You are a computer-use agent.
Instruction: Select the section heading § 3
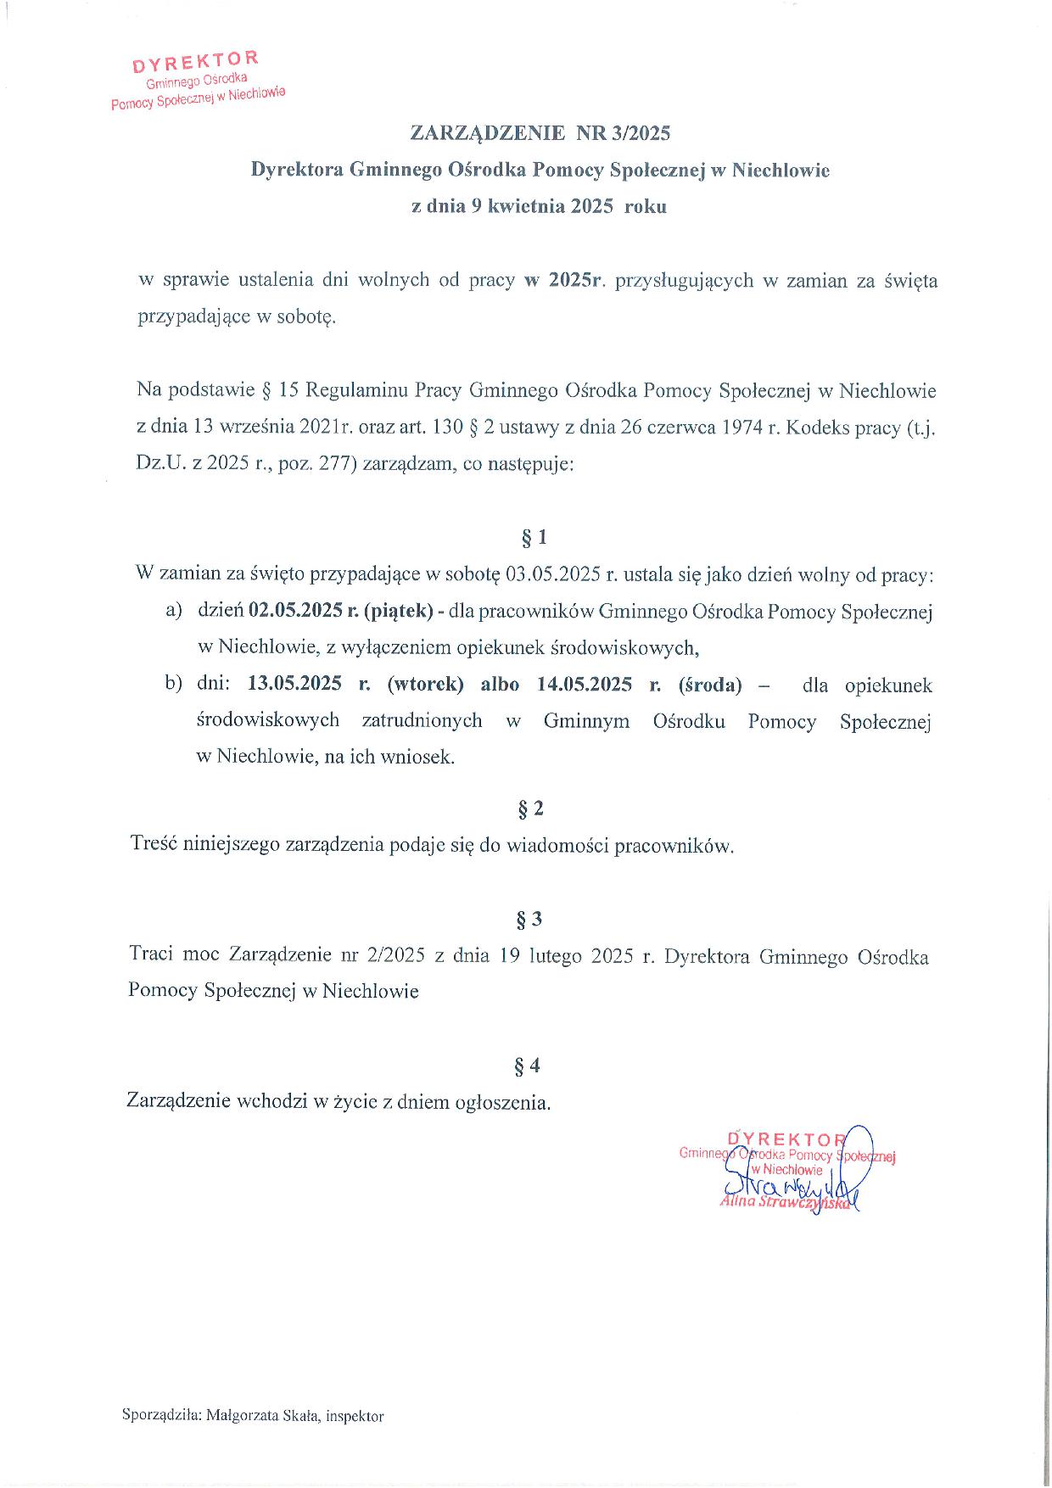(x=529, y=920)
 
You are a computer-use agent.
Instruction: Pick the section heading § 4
(x=527, y=1065)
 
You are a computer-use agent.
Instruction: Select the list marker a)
(x=174, y=611)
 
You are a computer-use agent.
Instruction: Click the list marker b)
(x=174, y=685)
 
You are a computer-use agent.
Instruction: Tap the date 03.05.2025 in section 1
(x=552, y=574)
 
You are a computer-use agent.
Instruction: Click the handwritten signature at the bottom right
(x=785, y=1181)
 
